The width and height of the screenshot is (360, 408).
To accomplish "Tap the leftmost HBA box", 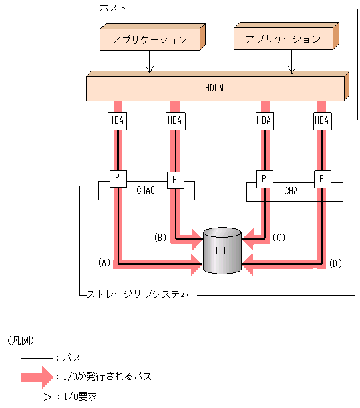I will coord(117,120).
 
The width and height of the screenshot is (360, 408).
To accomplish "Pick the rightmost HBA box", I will coord(321,120).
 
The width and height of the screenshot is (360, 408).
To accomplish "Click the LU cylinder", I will coord(222,251).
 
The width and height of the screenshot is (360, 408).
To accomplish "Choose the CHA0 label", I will coord(145,191).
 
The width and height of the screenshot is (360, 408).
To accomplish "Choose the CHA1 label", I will coord(293,191).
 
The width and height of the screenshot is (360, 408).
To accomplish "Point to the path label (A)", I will coord(103,263).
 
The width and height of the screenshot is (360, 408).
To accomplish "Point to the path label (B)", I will coord(160,236).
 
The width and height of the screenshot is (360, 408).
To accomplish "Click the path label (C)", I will coord(279,236).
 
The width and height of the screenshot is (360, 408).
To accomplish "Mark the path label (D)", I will coord(335,263).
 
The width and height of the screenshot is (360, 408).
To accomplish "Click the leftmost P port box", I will coord(117,178).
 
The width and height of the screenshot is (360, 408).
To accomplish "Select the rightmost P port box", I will coord(321,178).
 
